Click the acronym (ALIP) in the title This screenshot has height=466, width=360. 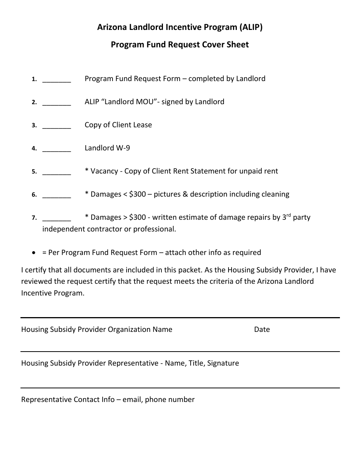click(250, 27)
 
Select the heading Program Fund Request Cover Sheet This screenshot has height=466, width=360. click(180, 45)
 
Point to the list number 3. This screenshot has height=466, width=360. click(34, 125)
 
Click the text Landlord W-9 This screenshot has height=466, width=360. click(107, 148)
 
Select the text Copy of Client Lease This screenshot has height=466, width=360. click(118, 125)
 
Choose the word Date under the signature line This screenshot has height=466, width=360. click(262, 330)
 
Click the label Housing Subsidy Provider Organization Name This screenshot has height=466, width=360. click(97, 330)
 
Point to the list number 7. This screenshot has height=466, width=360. click(34, 218)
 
